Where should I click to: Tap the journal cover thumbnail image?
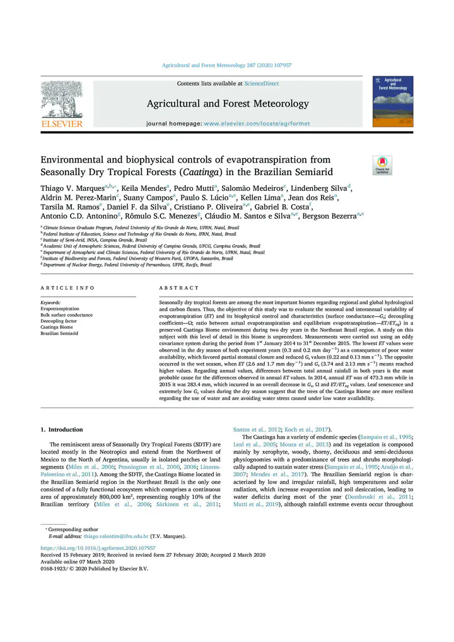393,101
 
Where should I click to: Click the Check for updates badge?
382,165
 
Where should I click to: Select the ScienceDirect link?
262,84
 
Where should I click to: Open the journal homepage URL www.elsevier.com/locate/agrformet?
257,124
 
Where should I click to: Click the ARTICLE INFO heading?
67,288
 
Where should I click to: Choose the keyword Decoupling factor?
59,321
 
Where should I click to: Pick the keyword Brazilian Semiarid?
59,333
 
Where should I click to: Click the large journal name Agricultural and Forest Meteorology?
228,103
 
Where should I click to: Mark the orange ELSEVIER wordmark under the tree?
62,124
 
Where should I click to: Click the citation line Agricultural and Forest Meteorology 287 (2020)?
226,65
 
